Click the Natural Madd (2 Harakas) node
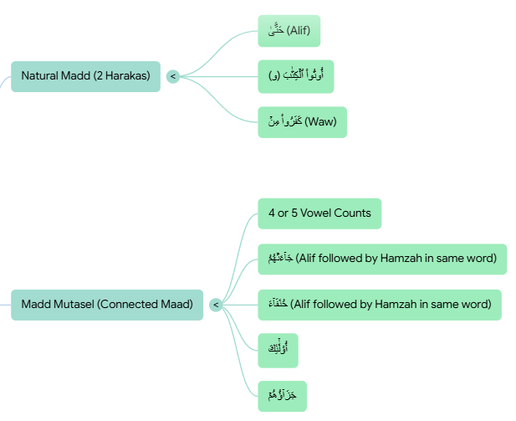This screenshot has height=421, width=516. [x=85, y=76]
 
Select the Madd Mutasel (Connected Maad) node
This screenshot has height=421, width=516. [x=107, y=305]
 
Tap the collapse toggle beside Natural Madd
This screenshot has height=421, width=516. [x=173, y=76]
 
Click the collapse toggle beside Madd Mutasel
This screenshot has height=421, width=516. [x=216, y=305]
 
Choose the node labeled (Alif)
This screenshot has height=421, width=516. [x=289, y=31]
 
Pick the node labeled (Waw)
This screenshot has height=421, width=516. [x=302, y=122]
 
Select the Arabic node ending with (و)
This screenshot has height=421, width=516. [x=295, y=76]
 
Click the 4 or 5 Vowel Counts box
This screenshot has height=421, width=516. [x=319, y=213]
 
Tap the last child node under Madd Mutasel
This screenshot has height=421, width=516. [x=283, y=396]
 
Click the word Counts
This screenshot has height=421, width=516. [x=353, y=213]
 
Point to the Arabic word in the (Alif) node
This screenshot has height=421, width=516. [x=276, y=31]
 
